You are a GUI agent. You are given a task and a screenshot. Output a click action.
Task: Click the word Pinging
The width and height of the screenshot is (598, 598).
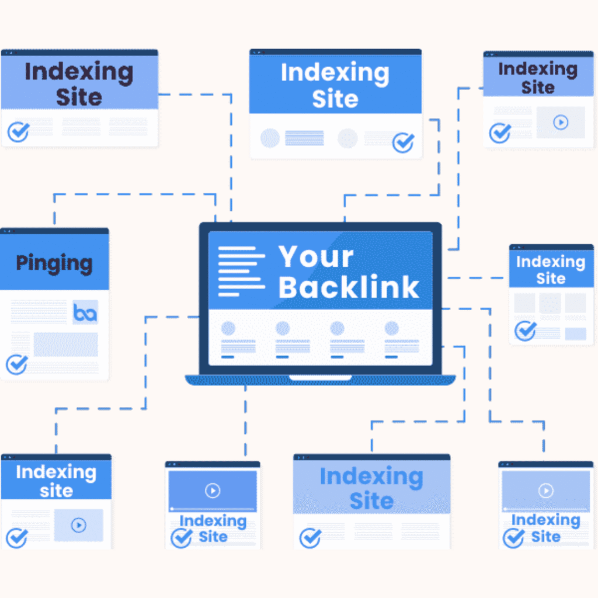tap(54, 263)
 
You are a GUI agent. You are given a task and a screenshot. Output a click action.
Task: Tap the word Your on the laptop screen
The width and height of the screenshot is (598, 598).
tap(315, 257)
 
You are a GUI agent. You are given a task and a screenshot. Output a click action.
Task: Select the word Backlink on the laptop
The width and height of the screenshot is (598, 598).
tap(349, 286)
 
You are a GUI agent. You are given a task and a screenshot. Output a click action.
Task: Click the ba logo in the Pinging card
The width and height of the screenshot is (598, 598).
tap(85, 313)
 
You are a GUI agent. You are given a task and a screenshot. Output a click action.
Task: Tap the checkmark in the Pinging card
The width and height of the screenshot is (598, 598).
tap(17, 365)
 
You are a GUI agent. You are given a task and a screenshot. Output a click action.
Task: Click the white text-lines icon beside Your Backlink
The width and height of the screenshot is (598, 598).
tap(241, 271)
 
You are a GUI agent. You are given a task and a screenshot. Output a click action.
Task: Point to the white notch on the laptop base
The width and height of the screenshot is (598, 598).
tap(320, 378)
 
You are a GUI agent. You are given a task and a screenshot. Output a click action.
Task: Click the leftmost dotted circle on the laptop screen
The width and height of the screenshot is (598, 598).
tap(228, 328)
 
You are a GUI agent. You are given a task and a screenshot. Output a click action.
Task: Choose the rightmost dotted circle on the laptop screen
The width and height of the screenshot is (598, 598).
tap(391, 328)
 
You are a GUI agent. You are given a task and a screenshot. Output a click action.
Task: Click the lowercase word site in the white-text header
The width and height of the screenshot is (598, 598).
tap(56, 491)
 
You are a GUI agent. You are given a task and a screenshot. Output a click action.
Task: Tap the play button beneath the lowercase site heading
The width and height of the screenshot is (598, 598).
tap(78, 525)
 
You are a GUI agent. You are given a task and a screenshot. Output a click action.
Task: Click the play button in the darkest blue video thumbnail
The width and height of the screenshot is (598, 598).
tap(213, 491)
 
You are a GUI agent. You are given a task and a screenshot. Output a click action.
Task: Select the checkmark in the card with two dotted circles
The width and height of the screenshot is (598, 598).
tap(402, 142)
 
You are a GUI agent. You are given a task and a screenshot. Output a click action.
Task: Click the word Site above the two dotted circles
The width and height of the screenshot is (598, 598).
tap(335, 99)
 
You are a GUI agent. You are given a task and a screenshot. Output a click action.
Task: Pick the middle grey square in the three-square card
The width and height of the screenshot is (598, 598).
tap(550, 303)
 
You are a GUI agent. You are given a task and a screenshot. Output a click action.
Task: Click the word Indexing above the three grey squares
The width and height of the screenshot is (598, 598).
tap(550, 262)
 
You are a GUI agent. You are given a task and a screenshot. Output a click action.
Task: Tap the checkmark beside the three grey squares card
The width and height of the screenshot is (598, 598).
tap(526, 331)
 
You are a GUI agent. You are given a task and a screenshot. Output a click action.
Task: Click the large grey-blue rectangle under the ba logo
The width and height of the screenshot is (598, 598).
tap(65, 345)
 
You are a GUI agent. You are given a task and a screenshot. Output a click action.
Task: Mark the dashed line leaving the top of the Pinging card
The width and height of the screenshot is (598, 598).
tap(54, 210)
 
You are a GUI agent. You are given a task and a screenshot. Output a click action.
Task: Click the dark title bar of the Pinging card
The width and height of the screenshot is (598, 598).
tap(54, 231)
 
